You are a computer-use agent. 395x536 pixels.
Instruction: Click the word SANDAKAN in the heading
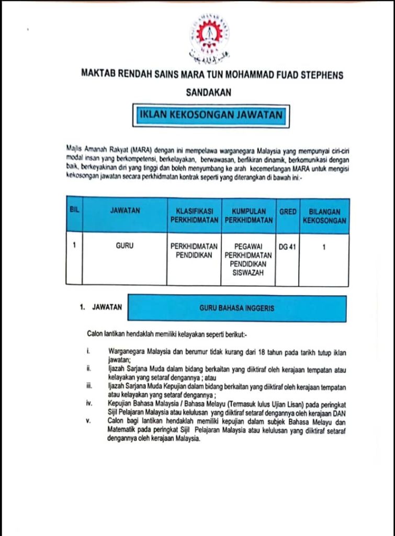(208, 93)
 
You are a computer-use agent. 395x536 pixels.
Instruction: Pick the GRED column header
(287, 212)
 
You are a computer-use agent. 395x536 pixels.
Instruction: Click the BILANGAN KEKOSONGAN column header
(324, 216)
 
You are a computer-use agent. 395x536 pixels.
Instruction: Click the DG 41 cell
(287, 247)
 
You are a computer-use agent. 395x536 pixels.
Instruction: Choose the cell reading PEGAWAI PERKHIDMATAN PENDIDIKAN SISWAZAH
(249, 259)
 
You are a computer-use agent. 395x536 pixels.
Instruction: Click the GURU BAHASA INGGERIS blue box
(236, 308)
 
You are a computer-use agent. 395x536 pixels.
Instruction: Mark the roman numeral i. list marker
(89, 349)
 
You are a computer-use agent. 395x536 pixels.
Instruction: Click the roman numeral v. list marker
(89, 420)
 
